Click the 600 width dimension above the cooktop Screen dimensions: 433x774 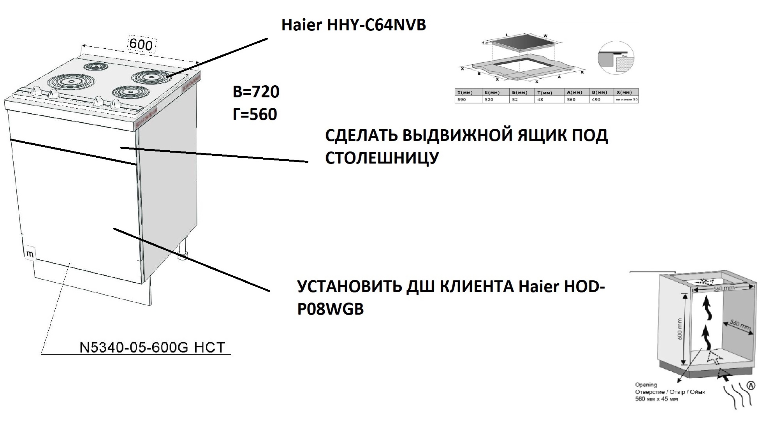[x=141, y=44]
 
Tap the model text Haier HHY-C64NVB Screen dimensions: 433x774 [x=354, y=25]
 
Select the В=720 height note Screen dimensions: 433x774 [x=256, y=92]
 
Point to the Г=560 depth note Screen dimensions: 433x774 [x=255, y=114]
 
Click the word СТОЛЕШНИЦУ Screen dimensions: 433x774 [x=382, y=158]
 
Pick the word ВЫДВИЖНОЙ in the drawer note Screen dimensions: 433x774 [x=445, y=136]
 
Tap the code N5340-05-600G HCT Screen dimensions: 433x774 [x=152, y=347]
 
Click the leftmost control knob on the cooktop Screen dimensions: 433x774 [x=37, y=91]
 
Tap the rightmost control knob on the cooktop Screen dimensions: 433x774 [x=115, y=104]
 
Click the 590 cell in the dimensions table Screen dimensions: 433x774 [x=461, y=100]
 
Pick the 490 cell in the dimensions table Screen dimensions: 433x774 [x=596, y=100]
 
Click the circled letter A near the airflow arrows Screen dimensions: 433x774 [x=751, y=385]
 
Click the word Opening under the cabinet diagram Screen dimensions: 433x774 [x=646, y=385]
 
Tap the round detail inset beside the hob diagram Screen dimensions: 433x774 [x=616, y=58]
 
